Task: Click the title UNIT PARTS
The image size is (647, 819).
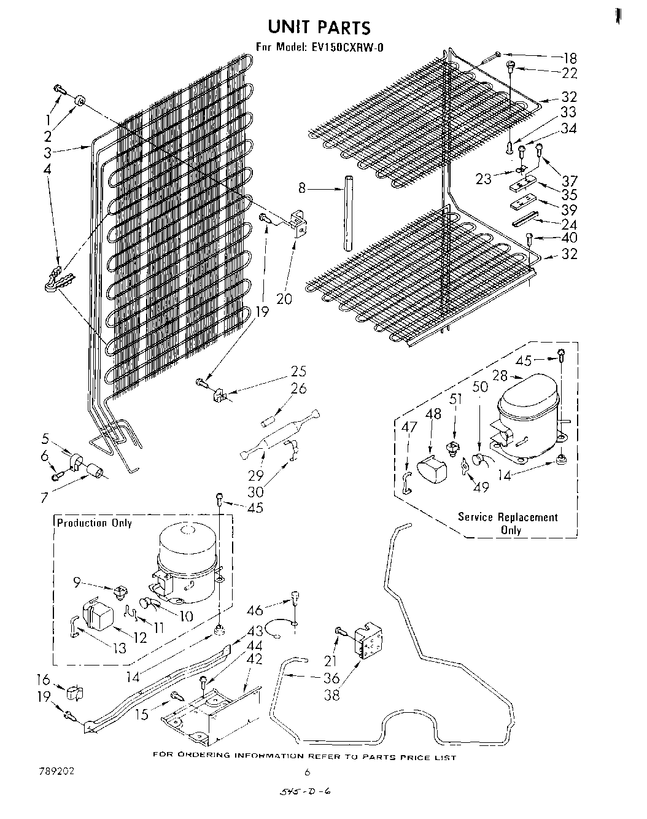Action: (319, 27)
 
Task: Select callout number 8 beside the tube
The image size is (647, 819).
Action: (301, 189)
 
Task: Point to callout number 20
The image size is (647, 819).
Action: (284, 299)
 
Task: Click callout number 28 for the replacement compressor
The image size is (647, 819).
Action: (501, 376)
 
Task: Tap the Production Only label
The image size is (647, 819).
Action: (95, 523)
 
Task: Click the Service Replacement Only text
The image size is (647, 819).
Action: (508, 523)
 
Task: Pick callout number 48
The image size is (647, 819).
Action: (433, 414)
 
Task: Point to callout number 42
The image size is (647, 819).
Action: (254, 659)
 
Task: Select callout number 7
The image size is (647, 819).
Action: (44, 497)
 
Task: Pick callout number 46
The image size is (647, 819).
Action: (255, 610)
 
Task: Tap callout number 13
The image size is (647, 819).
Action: (119, 648)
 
